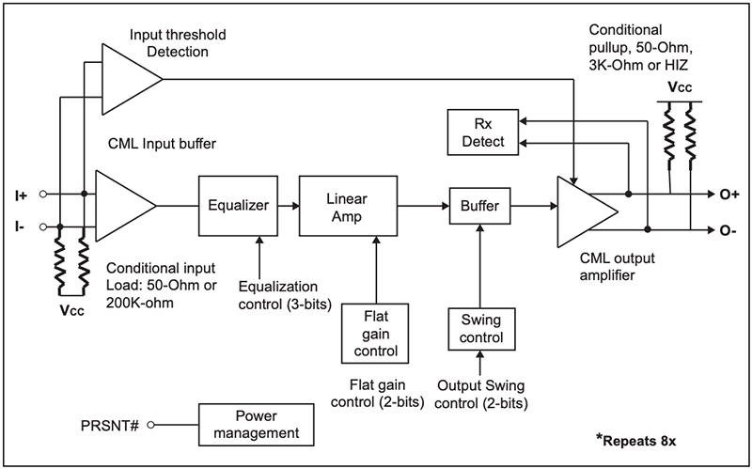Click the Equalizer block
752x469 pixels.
[x=239, y=204]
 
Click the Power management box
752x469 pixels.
[x=255, y=424]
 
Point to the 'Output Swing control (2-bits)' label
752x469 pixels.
[x=481, y=396]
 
